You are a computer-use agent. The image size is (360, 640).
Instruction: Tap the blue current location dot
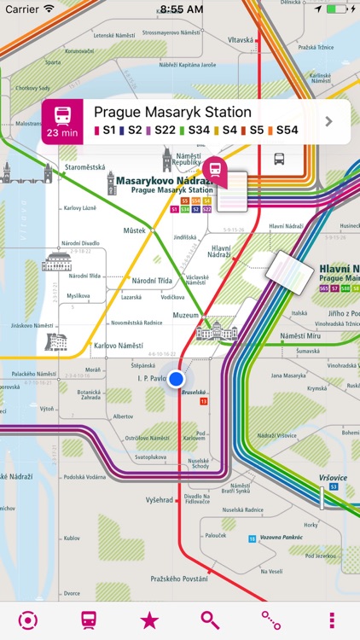(x=177, y=379)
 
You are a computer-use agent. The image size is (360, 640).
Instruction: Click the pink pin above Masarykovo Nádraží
(x=216, y=172)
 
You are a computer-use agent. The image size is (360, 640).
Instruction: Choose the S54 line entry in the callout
(x=287, y=131)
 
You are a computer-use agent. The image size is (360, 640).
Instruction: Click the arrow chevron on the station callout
(x=328, y=121)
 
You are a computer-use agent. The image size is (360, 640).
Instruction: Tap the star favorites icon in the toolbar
(x=149, y=620)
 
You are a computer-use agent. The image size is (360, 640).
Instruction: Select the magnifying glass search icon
(x=210, y=620)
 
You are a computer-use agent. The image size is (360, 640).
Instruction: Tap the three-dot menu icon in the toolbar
(x=331, y=620)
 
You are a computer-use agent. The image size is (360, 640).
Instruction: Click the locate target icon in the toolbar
(x=28, y=620)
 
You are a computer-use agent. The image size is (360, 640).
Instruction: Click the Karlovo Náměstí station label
(x=118, y=346)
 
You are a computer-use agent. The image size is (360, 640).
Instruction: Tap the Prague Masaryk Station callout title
(x=172, y=112)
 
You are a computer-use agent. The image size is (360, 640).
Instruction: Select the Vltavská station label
(x=243, y=40)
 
